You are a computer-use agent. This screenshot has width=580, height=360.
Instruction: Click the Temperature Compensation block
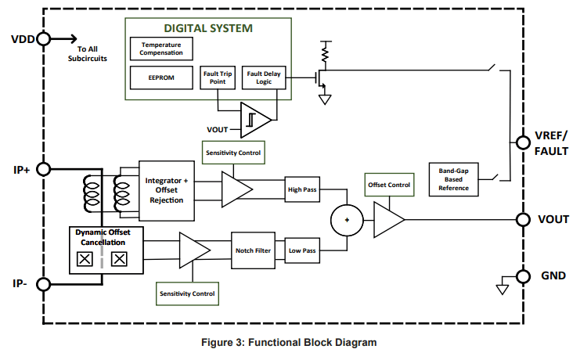click(x=161, y=49)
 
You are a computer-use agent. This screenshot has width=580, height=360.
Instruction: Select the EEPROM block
click(x=161, y=78)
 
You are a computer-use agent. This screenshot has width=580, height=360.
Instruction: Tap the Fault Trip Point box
click(x=218, y=78)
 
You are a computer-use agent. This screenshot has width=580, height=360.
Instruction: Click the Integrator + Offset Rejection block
click(x=167, y=190)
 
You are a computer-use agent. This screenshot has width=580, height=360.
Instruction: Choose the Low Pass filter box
click(x=303, y=250)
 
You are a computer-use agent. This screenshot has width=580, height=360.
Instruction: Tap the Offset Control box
click(x=389, y=185)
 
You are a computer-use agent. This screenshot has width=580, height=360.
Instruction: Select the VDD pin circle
click(x=43, y=38)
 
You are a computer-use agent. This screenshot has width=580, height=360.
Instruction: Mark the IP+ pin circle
click(x=44, y=168)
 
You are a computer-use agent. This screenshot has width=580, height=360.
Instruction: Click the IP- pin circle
click(x=44, y=284)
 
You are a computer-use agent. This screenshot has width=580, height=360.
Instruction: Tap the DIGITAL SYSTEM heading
click(x=207, y=28)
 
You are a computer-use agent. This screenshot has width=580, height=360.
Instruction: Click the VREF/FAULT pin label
click(x=551, y=143)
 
